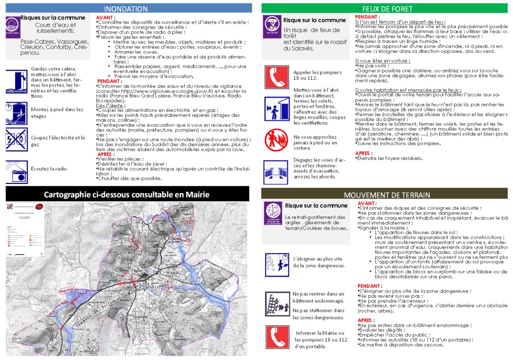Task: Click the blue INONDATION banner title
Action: pyautogui.click(x=126, y=9)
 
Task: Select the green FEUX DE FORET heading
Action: pyautogui.click(x=387, y=9)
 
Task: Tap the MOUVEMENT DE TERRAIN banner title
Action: pyautogui.click(x=387, y=195)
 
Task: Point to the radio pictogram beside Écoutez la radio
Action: pyautogui.click(x=17, y=172)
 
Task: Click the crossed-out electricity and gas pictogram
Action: pyautogui.click(x=17, y=140)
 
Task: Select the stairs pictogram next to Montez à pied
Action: pyautogui.click(x=17, y=113)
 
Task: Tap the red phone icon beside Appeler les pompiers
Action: pyautogui.click(x=277, y=77)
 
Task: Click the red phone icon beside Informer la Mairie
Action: pyautogui.click(x=277, y=337)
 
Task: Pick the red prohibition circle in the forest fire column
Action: pyautogui.click(x=276, y=139)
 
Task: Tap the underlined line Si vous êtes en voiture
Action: pyautogui.click(x=382, y=61)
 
